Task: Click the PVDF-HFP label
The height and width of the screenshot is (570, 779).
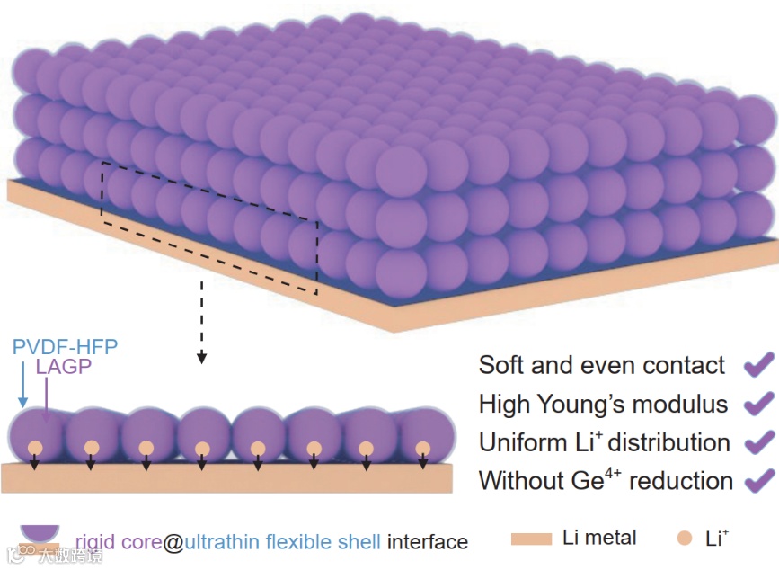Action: tap(66, 346)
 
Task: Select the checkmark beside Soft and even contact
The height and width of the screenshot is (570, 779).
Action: tap(758, 364)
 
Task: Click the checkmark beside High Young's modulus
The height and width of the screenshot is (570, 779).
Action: tap(758, 403)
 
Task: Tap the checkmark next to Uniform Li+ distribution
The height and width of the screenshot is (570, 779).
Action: tap(758, 441)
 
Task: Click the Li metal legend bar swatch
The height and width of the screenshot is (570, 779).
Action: tap(531, 539)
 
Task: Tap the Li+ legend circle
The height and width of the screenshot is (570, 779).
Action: tap(684, 539)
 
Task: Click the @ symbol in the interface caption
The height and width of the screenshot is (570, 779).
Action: tap(173, 542)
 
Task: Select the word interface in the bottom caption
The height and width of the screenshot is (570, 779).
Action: tap(427, 542)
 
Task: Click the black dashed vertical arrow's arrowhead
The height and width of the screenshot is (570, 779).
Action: tap(202, 357)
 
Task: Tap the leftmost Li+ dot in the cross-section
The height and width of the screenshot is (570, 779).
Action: tap(35, 447)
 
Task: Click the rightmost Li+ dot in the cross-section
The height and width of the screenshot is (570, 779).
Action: tap(422, 447)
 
